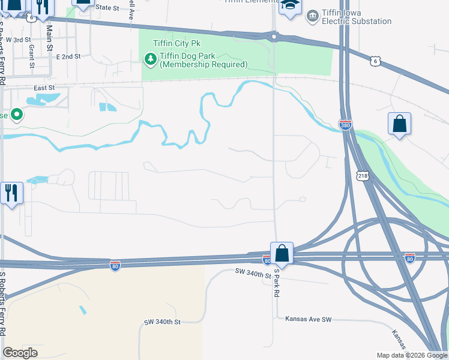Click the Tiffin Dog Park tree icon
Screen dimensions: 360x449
point(150,59)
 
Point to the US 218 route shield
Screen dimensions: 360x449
point(362,175)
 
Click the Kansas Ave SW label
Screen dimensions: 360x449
point(309,319)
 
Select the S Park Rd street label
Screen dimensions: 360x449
point(277,283)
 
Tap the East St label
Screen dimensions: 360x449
point(44,88)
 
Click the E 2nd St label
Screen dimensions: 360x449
point(68,56)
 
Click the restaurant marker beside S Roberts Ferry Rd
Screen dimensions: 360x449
point(11,193)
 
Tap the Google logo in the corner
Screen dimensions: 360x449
point(20,353)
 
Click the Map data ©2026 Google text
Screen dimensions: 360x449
point(411,355)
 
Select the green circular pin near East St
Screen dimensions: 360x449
point(16,114)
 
